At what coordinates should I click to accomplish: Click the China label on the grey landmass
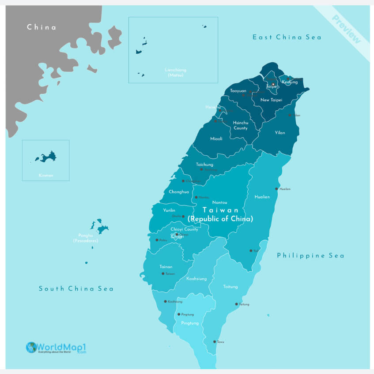coord(42,27)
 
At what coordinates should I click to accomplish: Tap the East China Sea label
coord(287,37)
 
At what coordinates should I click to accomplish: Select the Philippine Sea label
coord(310,255)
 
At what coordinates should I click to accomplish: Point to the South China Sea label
coord(76,288)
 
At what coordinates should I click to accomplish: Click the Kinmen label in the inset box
coord(46,176)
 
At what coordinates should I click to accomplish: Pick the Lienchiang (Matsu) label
coord(176,72)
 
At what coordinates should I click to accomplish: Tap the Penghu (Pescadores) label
coord(86,239)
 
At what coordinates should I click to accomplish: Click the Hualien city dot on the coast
coord(277,189)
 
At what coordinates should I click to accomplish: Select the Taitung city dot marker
coord(237,304)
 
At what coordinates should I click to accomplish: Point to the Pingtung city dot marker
coord(179,314)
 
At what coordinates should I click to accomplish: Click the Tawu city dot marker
coord(215,341)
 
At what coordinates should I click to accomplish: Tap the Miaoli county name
coord(216,138)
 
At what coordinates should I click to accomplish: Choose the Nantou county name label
coord(219,202)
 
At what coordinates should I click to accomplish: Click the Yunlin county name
coord(169,210)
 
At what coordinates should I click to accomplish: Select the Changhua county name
coord(179,192)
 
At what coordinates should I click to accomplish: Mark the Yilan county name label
coord(280,132)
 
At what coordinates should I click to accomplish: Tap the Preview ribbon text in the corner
coord(346,29)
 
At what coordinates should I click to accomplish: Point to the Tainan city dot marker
coord(163,273)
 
